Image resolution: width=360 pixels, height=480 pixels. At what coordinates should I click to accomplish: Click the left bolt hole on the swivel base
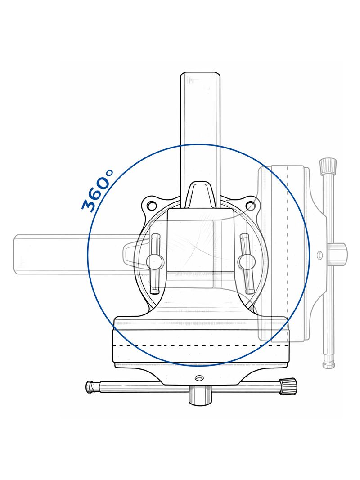152,206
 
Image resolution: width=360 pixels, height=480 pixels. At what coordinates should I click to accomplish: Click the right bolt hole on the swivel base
251,206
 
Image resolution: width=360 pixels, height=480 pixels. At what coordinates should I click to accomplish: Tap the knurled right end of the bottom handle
288,386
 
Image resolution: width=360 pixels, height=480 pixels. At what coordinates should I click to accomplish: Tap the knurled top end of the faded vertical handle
328,166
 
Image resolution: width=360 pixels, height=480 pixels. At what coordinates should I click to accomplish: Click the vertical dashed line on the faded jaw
287,252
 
